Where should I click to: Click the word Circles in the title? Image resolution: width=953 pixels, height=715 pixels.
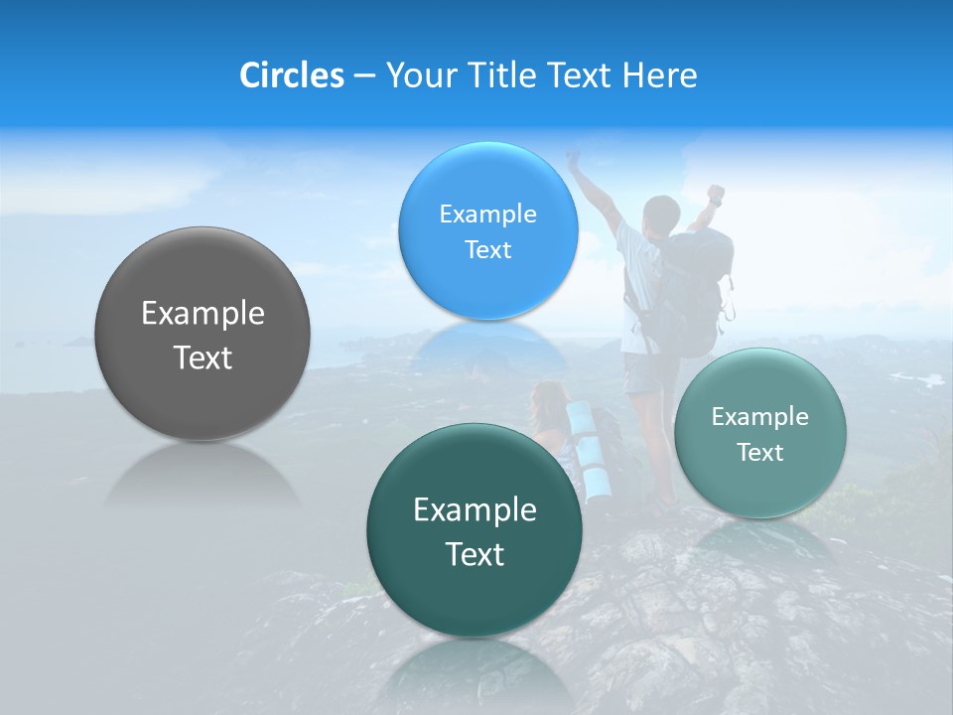[x=291, y=75]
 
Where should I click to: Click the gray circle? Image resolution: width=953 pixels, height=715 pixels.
[x=203, y=334]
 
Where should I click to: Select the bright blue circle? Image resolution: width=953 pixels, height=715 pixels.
[x=487, y=230]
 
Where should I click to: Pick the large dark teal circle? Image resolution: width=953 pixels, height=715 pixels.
[x=475, y=529]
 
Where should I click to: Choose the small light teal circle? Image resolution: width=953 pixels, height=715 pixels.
[x=759, y=433]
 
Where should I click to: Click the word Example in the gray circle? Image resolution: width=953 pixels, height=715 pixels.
[x=203, y=314]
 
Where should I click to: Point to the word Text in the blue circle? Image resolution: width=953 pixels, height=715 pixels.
[x=487, y=249]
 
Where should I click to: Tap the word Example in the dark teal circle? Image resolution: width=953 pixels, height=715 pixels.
[x=475, y=510]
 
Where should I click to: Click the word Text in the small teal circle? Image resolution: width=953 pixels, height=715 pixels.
[x=760, y=453]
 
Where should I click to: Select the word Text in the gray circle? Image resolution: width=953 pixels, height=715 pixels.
[x=203, y=357]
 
